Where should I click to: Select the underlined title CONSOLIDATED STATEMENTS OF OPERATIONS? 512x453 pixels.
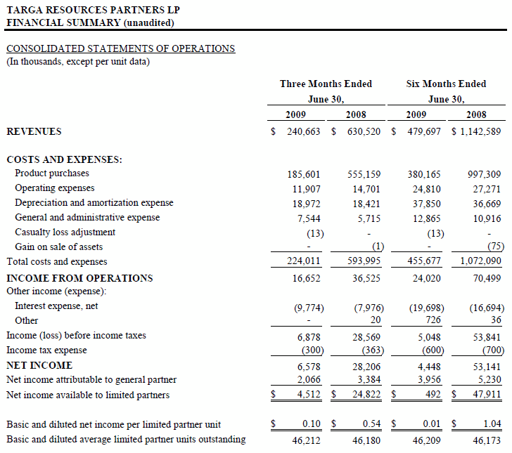120,48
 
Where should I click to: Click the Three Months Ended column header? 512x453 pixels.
326,84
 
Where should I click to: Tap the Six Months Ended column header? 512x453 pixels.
446,84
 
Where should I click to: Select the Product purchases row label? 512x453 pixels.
52,173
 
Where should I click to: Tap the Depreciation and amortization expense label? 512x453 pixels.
94,203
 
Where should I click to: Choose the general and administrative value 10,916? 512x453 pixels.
485,218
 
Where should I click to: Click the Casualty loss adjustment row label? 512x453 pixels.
65,232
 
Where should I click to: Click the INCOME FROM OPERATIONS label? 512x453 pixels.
79,278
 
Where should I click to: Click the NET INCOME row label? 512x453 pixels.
39,365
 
